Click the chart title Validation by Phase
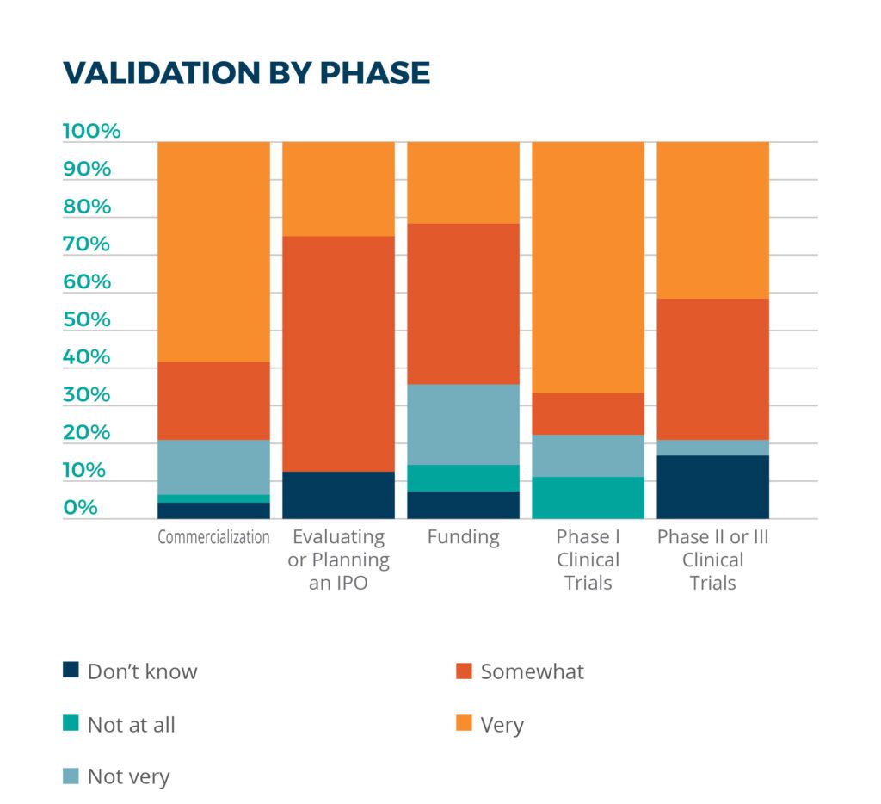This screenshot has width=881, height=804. click(246, 73)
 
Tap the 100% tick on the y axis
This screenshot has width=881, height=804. click(92, 132)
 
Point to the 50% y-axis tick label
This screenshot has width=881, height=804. click(87, 319)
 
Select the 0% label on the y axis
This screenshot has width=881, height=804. click(81, 508)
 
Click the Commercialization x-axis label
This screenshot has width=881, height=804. click(213, 537)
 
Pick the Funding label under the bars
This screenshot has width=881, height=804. click(463, 537)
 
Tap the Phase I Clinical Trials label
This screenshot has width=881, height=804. click(588, 560)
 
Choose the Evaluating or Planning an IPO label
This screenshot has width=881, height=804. click(338, 560)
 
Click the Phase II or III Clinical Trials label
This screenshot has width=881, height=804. click(712, 560)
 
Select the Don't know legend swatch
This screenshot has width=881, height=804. click(71, 671)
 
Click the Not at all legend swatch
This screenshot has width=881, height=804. click(71, 723)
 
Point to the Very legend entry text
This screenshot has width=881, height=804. click(502, 725)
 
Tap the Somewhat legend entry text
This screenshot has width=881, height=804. click(532, 671)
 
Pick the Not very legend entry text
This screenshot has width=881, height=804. click(128, 776)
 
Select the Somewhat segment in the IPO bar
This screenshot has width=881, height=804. click(338, 354)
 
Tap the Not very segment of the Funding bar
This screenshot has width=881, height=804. click(463, 424)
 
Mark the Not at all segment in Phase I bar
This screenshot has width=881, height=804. click(588, 498)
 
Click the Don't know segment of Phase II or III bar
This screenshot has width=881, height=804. click(712, 487)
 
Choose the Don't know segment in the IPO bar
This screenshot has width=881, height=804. click(338, 495)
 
